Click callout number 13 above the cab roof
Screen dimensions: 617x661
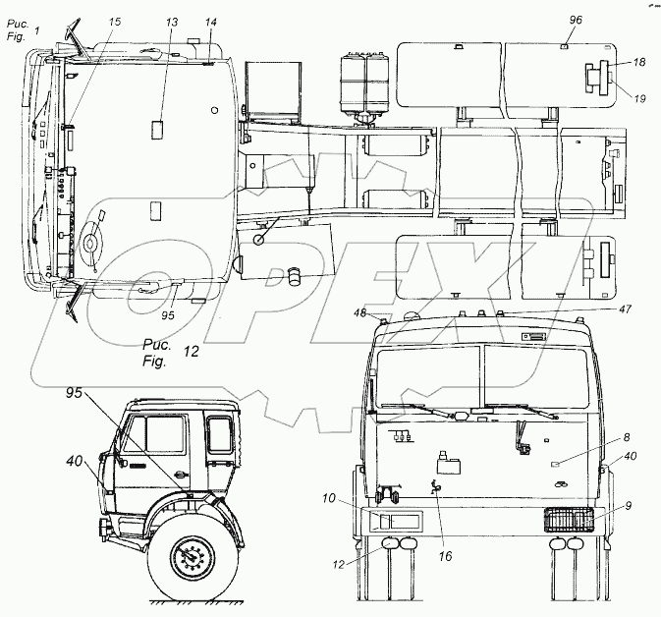(172, 22)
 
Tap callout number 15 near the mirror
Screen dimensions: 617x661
(116, 22)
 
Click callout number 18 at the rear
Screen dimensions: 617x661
(639, 63)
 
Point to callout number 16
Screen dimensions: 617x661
(444, 556)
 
